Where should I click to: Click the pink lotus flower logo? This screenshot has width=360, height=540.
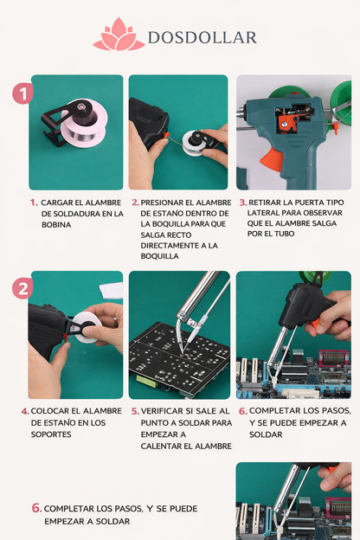pos(119,35)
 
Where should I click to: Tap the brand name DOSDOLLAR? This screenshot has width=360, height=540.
pos(202,37)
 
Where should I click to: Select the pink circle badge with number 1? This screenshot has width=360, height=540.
pos(23,93)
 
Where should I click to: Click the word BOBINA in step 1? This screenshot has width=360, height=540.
pos(57,224)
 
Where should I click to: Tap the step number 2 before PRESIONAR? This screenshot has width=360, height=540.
pos(135,202)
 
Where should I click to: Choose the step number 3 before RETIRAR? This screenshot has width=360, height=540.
pos(242,202)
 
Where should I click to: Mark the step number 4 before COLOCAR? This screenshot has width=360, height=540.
pos(25,411)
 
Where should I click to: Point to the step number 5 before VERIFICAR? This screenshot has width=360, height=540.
pos(135,411)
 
